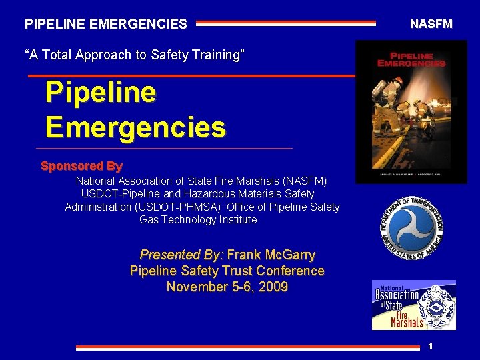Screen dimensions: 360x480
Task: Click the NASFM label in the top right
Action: pyautogui.click(x=431, y=24)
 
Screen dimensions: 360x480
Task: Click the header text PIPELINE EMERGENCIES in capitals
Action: pyautogui.click(x=106, y=25)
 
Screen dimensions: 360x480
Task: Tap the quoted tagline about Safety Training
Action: pyautogui.click(x=135, y=55)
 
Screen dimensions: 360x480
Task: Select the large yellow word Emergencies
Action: pyautogui.click(x=135, y=126)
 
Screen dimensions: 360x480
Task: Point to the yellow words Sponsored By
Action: pyautogui.click(x=81, y=166)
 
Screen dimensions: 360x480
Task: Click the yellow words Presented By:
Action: pyautogui.click(x=182, y=255)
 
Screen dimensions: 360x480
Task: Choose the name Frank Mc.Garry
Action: pyautogui.click(x=271, y=255)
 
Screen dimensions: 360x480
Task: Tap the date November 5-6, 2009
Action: pyautogui.click(x=227, y=287)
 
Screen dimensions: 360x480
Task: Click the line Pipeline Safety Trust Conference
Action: pyautogui.click(x=227, y=271)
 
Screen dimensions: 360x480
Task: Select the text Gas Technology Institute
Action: pyautogui.click(x=198, y=219)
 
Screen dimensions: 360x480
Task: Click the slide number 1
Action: pyautogui.click(x=431, y=346)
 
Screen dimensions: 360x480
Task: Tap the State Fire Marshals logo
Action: pyautogui.click(x=413, y=305)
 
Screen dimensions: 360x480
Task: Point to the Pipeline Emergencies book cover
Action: pyautogui.click(x=411, y=111)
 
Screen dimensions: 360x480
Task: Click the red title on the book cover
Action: pyautogui.click(x=411, y=59)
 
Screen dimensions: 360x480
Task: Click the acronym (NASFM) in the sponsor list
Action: pyautogui.click(x=305, y=181)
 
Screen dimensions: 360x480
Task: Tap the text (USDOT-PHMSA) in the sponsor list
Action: pyautogui.click(x=179, y=207)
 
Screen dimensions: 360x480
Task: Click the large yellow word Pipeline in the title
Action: pyautogui.click(x=100, y=93)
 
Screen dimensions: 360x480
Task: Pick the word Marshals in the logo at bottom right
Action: pyautogui.click(x=407, y=323)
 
